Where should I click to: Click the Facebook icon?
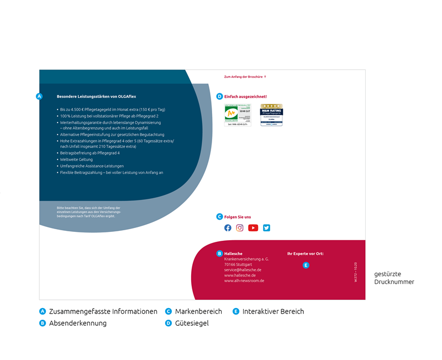[x=228, y=227]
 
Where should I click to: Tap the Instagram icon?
[x=240, y=227]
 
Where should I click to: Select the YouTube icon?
[x=253, y=227]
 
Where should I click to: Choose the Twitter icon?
[x=266, y=227]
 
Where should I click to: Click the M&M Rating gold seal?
[x=271, y=115]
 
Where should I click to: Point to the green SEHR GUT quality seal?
[x=238, y=115]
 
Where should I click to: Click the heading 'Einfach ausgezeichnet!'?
[x=245, y=97]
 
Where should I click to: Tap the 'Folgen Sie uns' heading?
[x=238, y=217]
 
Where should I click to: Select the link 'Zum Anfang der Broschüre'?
[x=243, y=77]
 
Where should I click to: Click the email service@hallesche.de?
[x=243, y=270]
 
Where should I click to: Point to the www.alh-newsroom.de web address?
[x=244, y=280]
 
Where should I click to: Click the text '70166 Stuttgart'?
[x=238, y=264]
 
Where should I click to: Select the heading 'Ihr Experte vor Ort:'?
[x=305, y=254]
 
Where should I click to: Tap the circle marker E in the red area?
[x=306, y=265]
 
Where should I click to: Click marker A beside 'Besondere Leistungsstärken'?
[x=39, y=96]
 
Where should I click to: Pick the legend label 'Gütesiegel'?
[x=192, y=323]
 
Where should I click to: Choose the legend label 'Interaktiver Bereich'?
[x=273, y=311]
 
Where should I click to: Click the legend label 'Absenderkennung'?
[x=77, y=323]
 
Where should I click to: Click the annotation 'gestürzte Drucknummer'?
[x=394, y=278]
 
